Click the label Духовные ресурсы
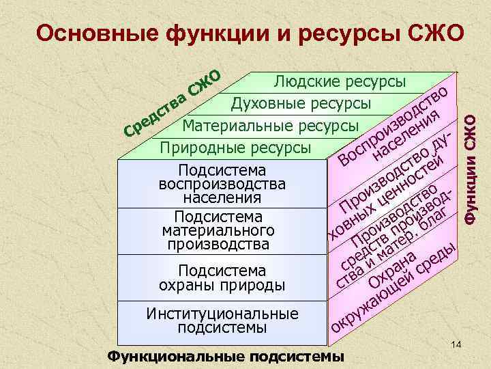301,104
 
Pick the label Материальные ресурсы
271,126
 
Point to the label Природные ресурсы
235,148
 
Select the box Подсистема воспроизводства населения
222,184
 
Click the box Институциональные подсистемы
222,320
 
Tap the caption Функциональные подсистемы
226,357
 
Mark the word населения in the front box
222,198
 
